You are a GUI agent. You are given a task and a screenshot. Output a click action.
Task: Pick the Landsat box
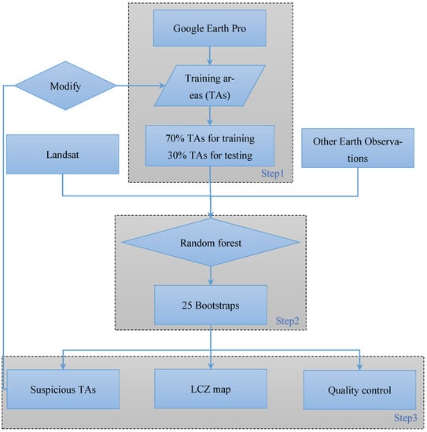61,154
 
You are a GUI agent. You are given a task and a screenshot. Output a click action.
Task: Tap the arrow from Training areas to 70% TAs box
210,115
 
